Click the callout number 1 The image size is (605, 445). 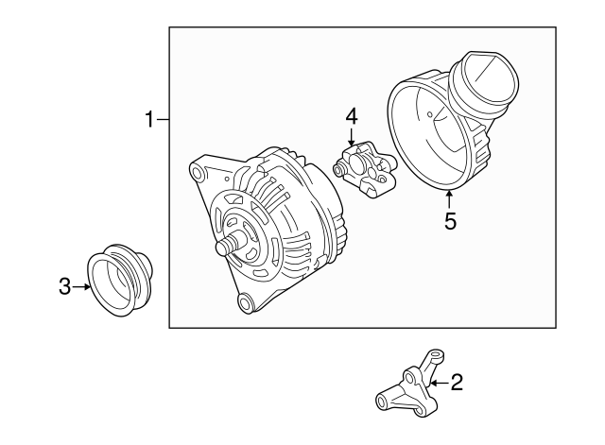(148, 120)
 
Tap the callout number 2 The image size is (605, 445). (457, 383)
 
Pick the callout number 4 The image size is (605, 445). (351, 116)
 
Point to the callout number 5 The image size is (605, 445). (450, 221)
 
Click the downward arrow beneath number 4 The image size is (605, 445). (351, 137)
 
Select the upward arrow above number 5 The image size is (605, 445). (450, 198)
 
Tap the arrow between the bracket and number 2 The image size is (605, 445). (438, 383)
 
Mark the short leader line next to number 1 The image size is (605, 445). (163, 120)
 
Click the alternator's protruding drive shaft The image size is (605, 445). (226, 247)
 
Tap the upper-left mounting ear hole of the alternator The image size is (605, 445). (197, 173)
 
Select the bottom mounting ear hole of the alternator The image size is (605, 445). (245, 301)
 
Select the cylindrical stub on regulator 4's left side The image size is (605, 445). (338, 170)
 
